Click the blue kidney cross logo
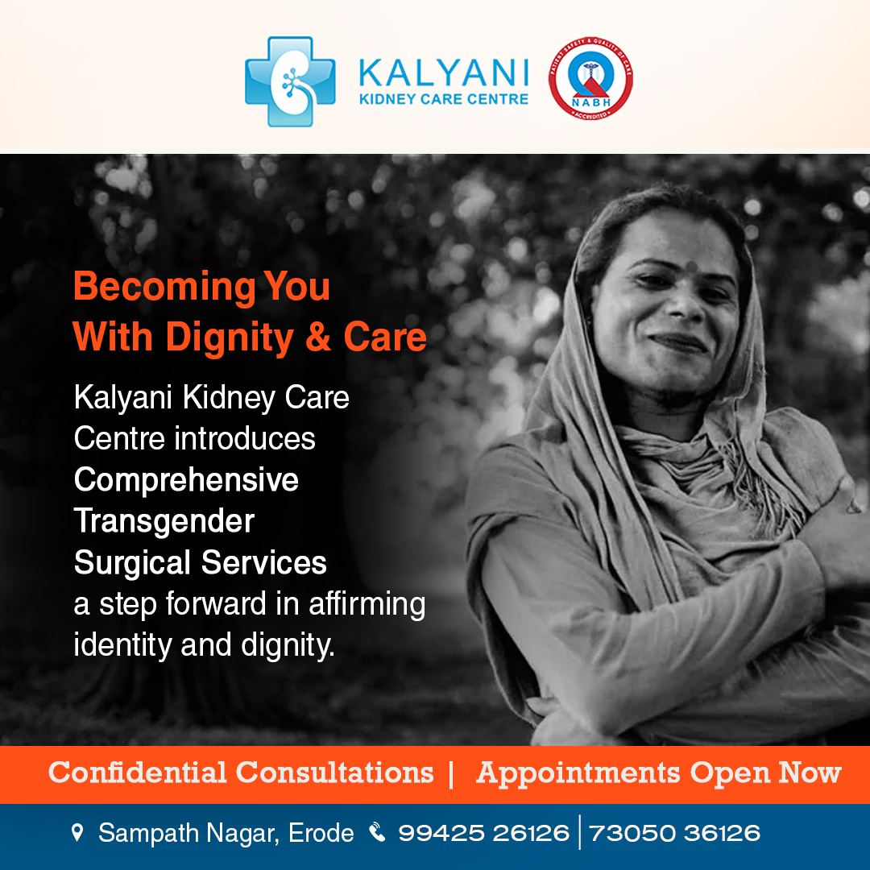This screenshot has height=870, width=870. (290, 81)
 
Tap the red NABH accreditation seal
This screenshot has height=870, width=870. (590, 78)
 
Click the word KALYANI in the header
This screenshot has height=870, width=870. (444, 72)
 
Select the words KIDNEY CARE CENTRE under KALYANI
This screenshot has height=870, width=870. (444, 99)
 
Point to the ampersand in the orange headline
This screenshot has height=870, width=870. (318, 337)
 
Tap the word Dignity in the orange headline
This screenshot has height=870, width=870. (229, 338)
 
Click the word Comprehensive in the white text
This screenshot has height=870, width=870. (186, 481)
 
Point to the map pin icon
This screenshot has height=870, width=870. (77, 832)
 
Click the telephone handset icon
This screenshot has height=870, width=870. (377, 831)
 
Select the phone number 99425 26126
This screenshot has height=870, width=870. (484, 833)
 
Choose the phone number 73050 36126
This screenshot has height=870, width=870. (675, 833)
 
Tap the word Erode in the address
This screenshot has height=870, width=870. (321, 833)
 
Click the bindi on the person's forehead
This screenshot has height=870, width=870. (691, 267)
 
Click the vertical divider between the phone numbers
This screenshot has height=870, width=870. (579, 832)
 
